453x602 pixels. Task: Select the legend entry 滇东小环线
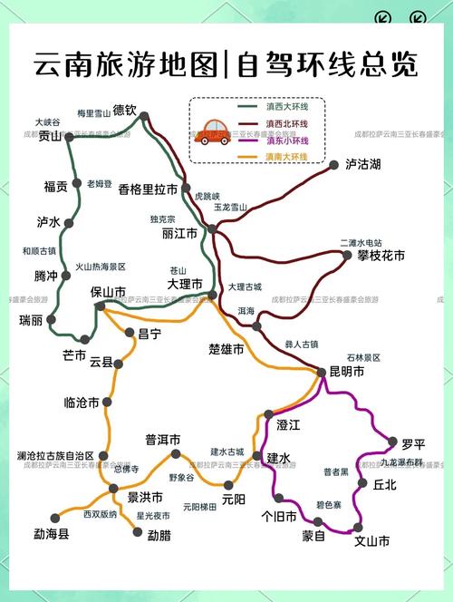tap(285, 140)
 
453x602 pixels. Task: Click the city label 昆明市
tap(346, 372)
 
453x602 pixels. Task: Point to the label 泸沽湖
tap(362, 164)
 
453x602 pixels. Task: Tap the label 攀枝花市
tap(381, 256)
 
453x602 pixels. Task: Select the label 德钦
tap(125, 111)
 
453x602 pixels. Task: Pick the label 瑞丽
tap(30, 320)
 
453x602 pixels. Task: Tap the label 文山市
tap(372, 541)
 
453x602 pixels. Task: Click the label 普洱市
tap(163, 440)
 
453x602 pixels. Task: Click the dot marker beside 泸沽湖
tap(336, 164)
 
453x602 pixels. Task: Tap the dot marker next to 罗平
tap(392, 442)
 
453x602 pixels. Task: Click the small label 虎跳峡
tap(207, 195)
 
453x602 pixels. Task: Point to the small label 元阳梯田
tap(199, 507)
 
